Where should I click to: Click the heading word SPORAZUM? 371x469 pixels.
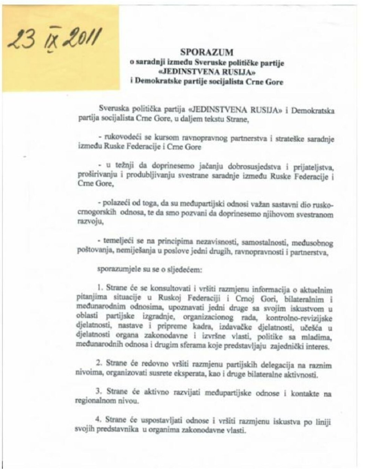pos(207,52)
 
